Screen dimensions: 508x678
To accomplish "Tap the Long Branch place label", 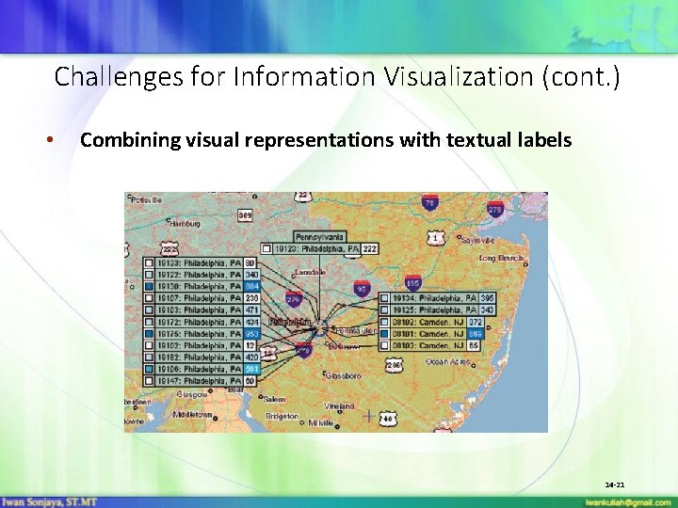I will (501, 257).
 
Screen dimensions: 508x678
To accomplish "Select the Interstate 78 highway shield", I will (430, 202).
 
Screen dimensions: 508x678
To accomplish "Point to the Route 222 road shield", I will (169, 247).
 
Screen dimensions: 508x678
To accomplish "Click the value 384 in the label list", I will (252, 286).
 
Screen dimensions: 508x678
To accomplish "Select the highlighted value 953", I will (252, 334).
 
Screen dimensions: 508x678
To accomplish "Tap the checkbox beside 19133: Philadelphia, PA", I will (149, 262).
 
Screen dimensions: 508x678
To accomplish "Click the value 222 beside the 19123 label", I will (370, 248).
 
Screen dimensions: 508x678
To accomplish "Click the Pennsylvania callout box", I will (320, 236).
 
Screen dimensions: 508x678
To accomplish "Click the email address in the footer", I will (628, 502).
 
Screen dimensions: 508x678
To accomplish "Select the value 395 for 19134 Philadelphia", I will (487, 298).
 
